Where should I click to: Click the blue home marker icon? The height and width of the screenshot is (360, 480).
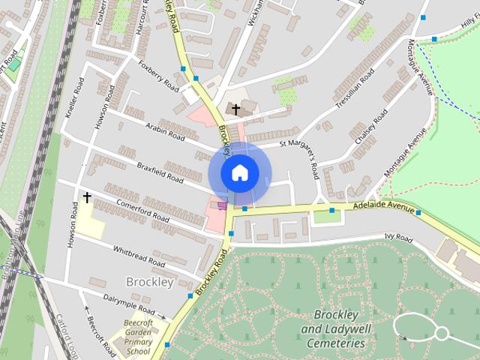(x=239, y=172)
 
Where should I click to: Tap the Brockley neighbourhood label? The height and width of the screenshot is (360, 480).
(x=150, y=283)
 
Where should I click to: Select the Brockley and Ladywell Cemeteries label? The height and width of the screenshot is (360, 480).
(x=338, y=328)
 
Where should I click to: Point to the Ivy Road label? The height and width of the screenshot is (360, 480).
(x=398, y=238)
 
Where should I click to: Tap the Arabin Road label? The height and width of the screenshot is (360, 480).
(x=166, y=133)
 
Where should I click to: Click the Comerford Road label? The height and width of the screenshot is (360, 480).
(x=142, y=209)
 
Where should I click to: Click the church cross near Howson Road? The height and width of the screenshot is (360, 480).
(x=87, y=198)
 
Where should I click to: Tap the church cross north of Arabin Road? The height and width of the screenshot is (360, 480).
(x=235, y=109)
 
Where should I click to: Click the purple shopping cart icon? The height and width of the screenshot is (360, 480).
(x=222, y=204)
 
